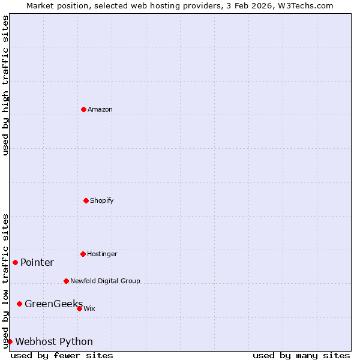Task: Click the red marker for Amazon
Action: point(83,109)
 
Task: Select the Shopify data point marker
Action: point(86,200)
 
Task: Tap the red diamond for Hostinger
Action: point(83,254)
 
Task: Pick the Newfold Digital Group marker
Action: point(66,281)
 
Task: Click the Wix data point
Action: point(79,308)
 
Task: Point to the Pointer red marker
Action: point(15,262)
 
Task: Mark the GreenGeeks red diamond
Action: point(19,304)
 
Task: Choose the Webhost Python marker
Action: point(10,341)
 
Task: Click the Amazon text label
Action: point(100,109)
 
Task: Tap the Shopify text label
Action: point(102,200)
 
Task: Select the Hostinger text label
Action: point(102,254)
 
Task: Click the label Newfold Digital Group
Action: point(105,281)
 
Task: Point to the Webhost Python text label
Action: point(54,341)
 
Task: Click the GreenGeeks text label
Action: point(53,304)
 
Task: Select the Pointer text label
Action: point(37,262)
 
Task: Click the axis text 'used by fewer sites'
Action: point(62,355)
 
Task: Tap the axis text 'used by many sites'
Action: point(301,355)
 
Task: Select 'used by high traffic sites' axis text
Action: point(5,85)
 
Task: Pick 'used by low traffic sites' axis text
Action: point(5,281)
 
